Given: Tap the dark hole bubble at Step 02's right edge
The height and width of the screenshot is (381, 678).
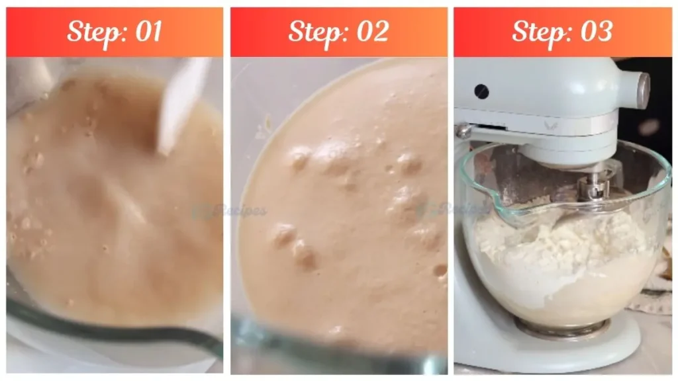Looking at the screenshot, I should tap(440, 270).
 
